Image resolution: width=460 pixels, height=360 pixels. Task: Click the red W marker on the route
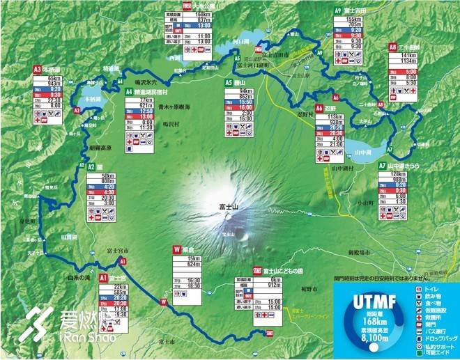pos(163,302)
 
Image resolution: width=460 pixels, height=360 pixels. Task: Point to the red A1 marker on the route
pos(123,261)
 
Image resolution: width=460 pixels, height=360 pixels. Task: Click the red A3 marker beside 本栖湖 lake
pos(77,110)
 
